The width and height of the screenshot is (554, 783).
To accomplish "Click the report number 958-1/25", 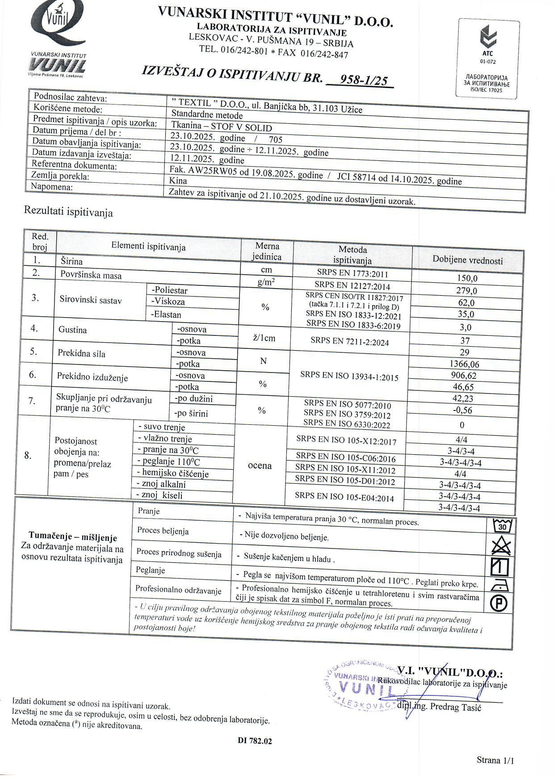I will coord(363,80).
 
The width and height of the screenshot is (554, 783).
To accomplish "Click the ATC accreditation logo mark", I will coord(488,38).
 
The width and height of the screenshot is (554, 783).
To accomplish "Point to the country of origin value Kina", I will coord(178,181).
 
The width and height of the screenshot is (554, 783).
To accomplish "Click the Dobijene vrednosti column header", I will coord(467,260).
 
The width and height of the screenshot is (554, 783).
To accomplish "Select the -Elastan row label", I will coord(167,314).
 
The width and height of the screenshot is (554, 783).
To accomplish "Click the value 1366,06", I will coord(465,364).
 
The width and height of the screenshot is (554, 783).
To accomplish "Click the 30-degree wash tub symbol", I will coord(501,526).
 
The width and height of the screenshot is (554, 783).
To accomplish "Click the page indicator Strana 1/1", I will coord(495,760).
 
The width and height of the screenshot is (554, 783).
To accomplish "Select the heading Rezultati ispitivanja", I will coord(68,212).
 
